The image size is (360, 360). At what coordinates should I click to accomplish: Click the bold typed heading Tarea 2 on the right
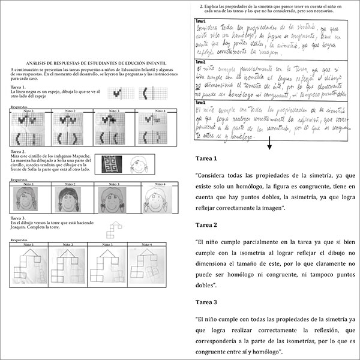(x=208, y=225)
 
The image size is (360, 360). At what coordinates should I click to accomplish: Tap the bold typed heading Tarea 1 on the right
(x=208, y=158)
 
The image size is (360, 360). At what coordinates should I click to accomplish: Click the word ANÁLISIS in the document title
(x=35, y=63)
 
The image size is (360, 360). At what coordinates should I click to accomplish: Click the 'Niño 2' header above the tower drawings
(x=68, y=244)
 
